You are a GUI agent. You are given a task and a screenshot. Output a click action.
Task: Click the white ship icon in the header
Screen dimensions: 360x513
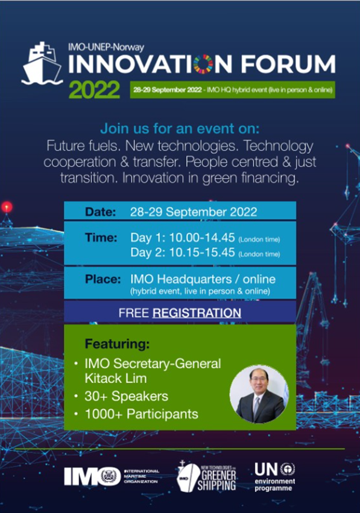[42, 63]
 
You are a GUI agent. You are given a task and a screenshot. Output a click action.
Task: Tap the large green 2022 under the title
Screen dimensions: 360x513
[94, 89]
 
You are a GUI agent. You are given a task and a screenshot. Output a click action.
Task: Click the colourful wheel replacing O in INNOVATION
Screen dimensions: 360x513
[203, 64]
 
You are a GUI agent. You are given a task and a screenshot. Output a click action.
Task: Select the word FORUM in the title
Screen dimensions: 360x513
[288, 64]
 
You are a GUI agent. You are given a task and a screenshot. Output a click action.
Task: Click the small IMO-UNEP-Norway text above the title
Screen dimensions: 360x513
[106, 47]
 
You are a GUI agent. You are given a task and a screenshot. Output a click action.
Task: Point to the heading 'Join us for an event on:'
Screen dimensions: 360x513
[180, 128]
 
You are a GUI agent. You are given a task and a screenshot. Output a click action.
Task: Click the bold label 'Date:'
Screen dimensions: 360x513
[101, 212]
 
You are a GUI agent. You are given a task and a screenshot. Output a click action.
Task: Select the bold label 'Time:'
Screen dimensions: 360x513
[101, 237]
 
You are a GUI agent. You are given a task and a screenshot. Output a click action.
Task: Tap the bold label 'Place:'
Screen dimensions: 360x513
[103, 279]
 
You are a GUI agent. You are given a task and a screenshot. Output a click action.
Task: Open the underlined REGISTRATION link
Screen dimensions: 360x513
[197, 313]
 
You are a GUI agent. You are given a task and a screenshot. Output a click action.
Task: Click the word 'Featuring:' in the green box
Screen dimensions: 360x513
[117, 344]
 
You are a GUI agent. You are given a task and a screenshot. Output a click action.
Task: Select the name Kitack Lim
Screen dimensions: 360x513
[116, 379]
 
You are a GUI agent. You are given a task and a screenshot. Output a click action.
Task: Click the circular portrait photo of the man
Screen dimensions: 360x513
[259, 394]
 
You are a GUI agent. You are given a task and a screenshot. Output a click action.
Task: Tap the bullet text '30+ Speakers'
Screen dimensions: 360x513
[126, 396]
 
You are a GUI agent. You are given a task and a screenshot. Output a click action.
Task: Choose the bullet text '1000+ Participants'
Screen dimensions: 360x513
[141, 414]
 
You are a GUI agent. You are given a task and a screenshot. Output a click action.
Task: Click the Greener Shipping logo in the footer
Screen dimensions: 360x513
[206, 476]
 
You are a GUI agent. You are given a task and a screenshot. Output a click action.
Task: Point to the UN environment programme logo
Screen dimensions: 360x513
[275, 477]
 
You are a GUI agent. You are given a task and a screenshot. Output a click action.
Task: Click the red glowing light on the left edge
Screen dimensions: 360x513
[7, 207]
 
